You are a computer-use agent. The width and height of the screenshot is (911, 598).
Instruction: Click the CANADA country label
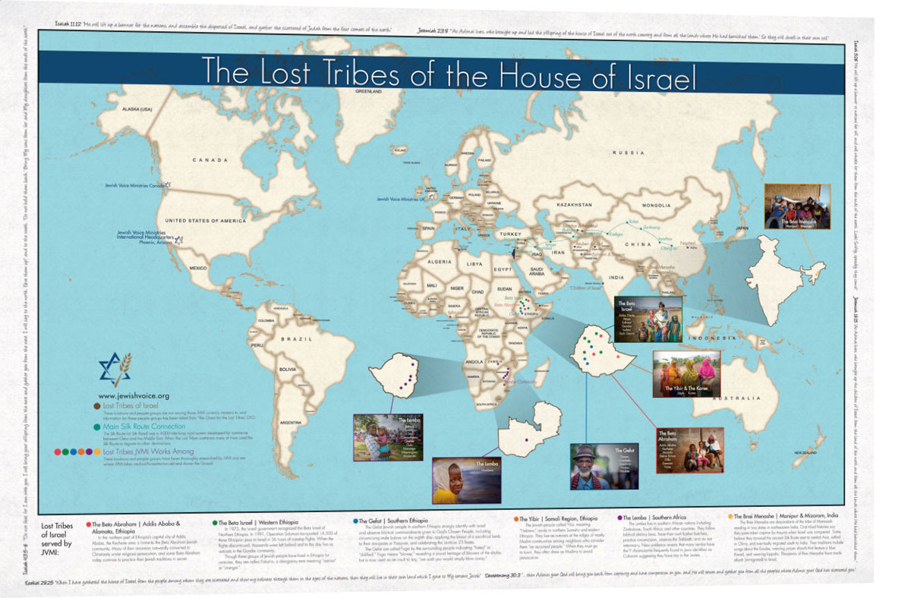[210, 160]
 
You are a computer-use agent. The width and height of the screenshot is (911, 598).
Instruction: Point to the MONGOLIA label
[657, 206]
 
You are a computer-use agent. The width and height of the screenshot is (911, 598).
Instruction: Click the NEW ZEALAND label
[809, 453]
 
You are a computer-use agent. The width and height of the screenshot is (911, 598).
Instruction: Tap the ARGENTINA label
[290, 421]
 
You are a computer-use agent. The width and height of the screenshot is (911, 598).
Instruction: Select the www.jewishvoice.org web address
[134, 395]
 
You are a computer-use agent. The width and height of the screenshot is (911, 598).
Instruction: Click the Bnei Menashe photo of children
[793, 206]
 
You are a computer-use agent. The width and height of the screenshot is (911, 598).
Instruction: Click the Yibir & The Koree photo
[686, 373]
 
